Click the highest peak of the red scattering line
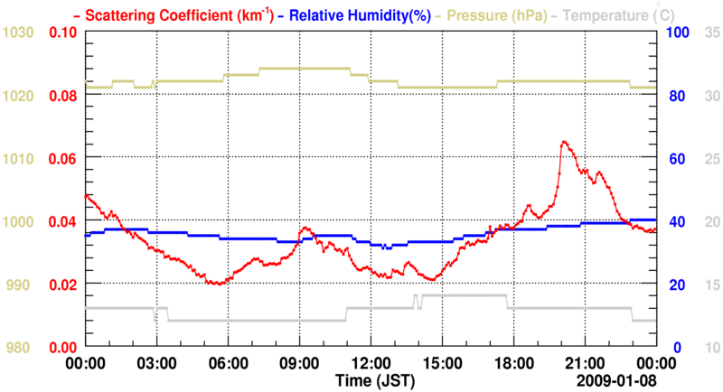point(563,142)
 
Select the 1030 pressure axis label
point(18,33)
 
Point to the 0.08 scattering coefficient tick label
point(61,96)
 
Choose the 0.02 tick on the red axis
point(61,285)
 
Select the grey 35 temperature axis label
point(710,33)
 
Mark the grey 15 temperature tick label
point(710,285)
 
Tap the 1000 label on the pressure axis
point(18,221)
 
